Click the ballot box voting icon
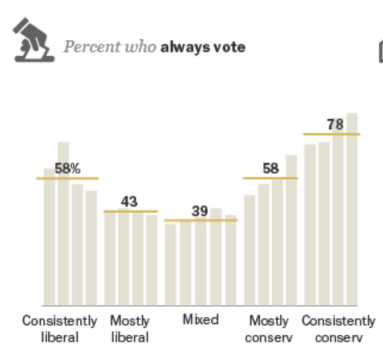(x=33, y=40)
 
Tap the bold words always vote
(x=202, y=47)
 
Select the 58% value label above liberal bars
(x=67, y=168)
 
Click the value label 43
(x=129, y=202)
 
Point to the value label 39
(x=200, y=211)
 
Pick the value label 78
(x=335, y=125)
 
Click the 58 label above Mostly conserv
(x=271, y=169)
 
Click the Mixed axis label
(x=200, y=320)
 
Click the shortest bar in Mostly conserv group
(x=250, y=250)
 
